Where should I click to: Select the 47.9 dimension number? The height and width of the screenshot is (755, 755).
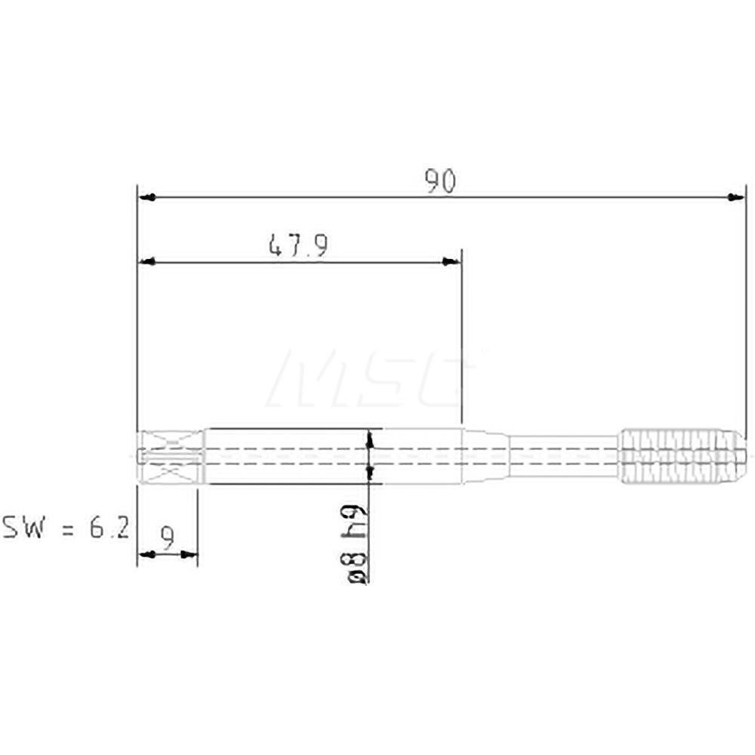click(297, 246)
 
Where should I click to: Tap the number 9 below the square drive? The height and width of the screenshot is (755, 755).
click(168, 538)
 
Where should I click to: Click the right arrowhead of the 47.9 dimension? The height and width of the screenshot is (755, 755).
click(451, 262)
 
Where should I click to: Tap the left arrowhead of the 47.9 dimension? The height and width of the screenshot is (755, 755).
click(148, 262)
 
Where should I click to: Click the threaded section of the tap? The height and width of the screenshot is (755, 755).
click(679, 456)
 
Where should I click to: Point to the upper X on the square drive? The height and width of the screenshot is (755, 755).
click(172, 439)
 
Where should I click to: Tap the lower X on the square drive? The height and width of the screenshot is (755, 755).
click(172, 473)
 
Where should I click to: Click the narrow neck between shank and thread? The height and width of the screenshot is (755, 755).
click(562, 456)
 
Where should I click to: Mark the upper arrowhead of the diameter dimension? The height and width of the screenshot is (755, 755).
click(369, 438)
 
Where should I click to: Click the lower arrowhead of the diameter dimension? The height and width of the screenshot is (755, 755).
click(369, 473)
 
